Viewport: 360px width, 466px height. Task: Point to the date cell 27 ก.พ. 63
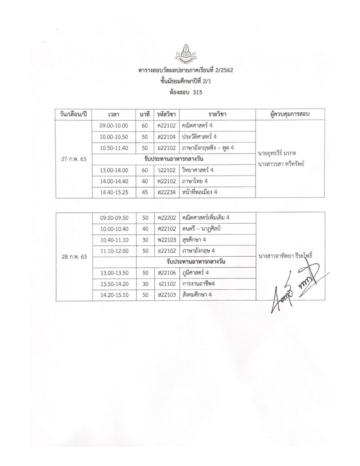(74, 160)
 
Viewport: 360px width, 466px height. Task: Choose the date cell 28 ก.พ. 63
(74, 257)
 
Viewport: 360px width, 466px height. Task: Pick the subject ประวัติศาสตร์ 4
(199, 137)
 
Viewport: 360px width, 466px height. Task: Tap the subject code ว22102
(166, 170)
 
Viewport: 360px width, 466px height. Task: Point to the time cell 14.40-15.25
(114, 192)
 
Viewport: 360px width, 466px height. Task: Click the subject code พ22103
(166, 240)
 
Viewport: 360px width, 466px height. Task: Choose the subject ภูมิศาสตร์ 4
(196, 273)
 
